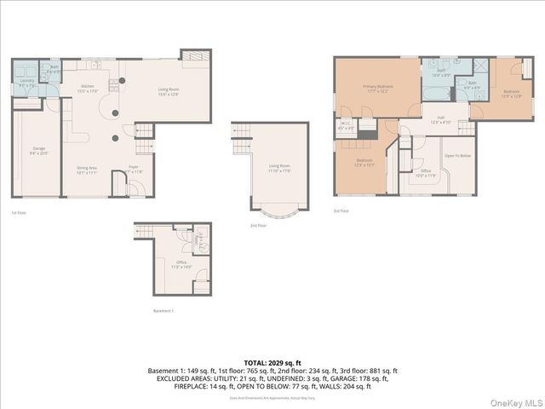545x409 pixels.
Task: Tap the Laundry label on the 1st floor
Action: click(x=26, y=83)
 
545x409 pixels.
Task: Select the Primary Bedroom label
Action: click(x=376, y=89)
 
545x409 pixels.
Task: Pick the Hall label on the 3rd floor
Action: click(x=441, y=120)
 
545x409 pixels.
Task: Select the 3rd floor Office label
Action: click(x=425, y=173)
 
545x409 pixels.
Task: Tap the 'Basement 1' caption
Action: click(x=163, y=310)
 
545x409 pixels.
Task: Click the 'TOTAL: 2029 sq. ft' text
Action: click(x=272, y=362)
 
